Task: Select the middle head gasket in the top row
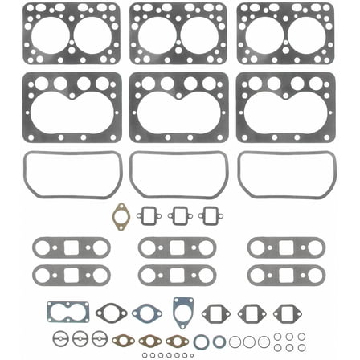point(180,32)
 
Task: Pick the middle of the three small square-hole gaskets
point(180,215)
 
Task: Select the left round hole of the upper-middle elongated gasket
point(151,248)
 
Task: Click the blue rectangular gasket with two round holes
point(67,312)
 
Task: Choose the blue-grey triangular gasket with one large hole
point(182,309)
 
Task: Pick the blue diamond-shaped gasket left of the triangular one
point(147,313)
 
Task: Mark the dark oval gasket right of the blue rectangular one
point(107,313)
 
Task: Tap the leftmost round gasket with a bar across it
point(60,339)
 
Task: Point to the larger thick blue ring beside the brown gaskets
point(200,342)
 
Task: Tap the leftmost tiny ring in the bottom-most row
point(145,354)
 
